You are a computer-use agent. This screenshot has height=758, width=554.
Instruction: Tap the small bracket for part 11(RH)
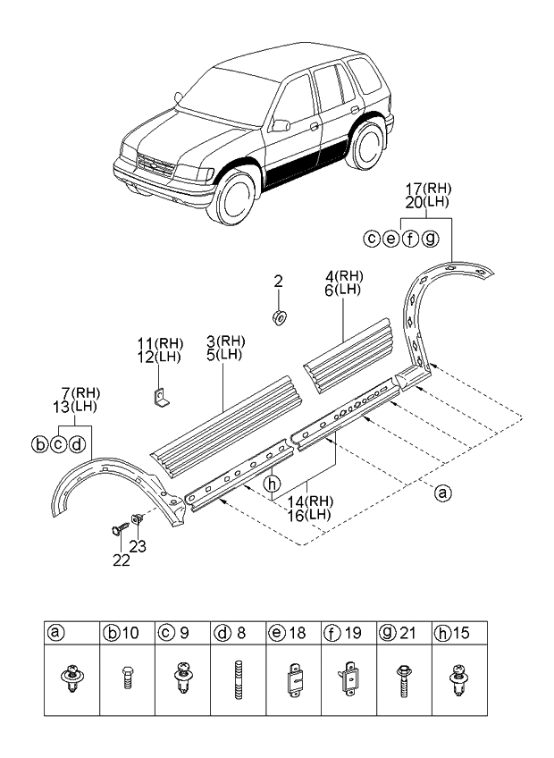coord(160,398)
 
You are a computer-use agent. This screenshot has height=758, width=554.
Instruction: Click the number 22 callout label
coord(121,560)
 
